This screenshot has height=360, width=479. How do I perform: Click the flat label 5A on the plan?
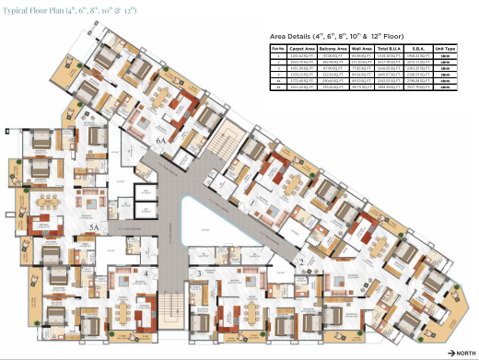[x=93, y=224]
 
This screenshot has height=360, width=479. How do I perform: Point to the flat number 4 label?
[x=145, y=273]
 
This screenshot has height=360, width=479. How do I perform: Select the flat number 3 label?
[x=198, y=273]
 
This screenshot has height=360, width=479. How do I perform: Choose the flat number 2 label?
[x=300, y=262]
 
